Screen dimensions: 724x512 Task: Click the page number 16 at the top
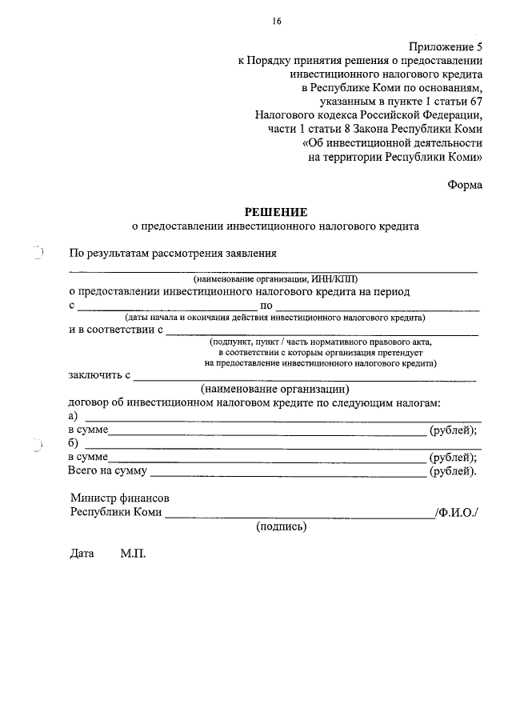click(x=277, y=20)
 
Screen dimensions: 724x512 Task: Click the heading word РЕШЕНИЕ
click(x=276, y=212)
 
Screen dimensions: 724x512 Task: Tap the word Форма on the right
click(x=465, y=185)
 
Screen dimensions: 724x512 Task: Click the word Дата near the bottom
click(x=82, y=554)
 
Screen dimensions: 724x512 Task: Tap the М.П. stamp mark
click(x=133, y=554)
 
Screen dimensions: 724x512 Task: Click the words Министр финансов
click(x=119, y=498)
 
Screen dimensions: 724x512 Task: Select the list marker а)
click(x=73, y=416)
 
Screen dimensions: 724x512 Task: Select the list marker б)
click(x=73, y=443)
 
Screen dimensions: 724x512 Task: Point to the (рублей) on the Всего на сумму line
click(x=454, y=471)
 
